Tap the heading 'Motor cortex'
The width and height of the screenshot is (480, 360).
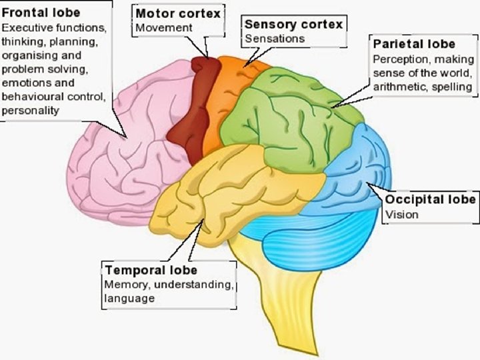pyautogui.click(x=178, y=13)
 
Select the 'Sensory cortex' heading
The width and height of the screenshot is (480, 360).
pyautogui.click(x=293, y=24)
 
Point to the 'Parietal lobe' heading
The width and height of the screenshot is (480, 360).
pyautogui.click(x=414, y=44)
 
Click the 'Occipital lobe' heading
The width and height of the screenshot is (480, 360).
pyautogui.click(x=431, y=199)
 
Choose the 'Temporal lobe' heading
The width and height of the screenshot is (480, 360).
pyautogui.click(x=151, y=270)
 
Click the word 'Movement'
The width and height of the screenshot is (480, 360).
pyautogui.click(x=164, y=27)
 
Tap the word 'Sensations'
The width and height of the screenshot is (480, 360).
pyautogui.click(x=275, y=38)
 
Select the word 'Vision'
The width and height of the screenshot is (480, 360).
pyautogui.click(x=402, y=214)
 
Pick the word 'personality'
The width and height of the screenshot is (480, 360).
pyautogui.click(x=31, y=111)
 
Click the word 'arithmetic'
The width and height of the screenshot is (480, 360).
pyautogui.click(x=399, y=87)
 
